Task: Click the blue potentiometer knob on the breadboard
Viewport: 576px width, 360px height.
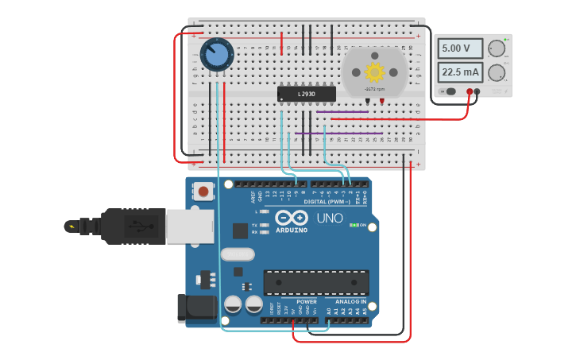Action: pyautogui.click(x=216, y=55)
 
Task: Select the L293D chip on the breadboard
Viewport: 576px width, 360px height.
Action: pyautogui.click(x=306, y=94)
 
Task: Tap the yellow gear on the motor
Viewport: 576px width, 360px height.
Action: pyautogui.click(x=374, y=72)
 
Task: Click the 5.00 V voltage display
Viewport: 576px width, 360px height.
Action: pyautogui.click(x=461, y=48)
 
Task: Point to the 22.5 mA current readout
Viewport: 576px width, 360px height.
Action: pyautogui.click(x=461, y=73)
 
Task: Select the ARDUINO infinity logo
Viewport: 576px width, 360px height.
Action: pyautogui.click(x=291, y=217)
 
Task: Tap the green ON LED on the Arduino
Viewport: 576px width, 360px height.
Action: pyautogui.click(x=353, y=225)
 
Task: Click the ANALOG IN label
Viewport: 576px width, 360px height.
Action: pyautogui.click(x=351, y=302)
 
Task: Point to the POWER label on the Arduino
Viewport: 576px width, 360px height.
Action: pyautogui.click(x=306, y=302)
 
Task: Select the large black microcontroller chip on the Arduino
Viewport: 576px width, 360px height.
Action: pyautogui.click(x=316, y=282)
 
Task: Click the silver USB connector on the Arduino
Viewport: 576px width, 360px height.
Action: pyautogui.click(x=189, y=226)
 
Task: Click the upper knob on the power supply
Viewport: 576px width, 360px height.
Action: pyautogui.click(x=497, y=48)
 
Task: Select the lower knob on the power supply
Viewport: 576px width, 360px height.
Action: pyautogui.click(x=497, y=73)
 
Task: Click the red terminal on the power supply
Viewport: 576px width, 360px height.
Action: pyautogui.click(x=470, y=92)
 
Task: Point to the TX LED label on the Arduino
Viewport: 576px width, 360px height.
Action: pyautogui.click(x=254, y=225)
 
